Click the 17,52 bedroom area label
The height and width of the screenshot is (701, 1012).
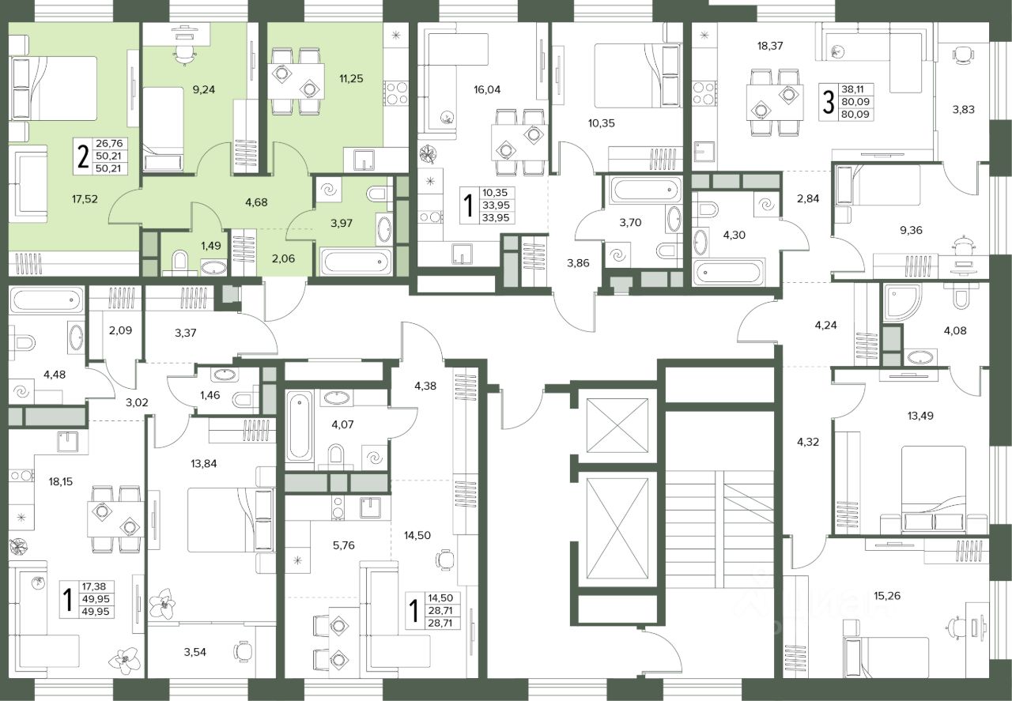click(85, 198)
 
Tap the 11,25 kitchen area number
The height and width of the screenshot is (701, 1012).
click(351, 78)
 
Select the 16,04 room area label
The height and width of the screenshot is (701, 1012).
click(487, 90)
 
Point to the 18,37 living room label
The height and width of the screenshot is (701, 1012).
click(770, 46)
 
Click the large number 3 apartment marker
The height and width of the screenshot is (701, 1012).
click(829, 102)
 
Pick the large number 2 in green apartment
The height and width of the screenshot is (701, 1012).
click(83, 156)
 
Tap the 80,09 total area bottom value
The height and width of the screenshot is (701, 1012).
click(855, 115)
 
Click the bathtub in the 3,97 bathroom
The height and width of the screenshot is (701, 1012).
click(356, 262)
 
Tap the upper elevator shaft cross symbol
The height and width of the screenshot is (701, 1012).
click(617, 425)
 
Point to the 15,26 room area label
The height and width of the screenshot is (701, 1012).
click(887, 596)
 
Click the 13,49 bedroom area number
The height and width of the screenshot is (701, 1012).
click(920, 416)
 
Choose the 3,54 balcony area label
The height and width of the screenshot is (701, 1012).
click(194, 652)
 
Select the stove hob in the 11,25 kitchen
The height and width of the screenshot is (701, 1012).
click(396, 93)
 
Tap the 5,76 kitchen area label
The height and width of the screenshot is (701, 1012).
click(343, 545)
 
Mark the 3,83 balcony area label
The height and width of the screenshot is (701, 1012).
click(963, 109)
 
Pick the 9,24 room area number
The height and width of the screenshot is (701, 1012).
click(204, 89)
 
